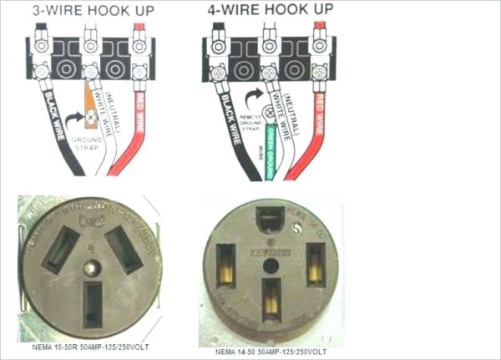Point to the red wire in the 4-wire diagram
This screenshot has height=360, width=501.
tap(319, 125)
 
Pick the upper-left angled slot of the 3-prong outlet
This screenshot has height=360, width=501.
tap(60, 250)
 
